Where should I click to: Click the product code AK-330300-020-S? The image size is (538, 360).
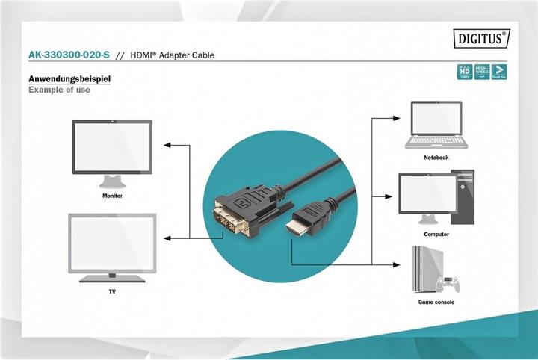point(68,55)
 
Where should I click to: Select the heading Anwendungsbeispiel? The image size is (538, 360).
point(69,79)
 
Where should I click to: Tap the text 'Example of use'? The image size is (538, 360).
point(59,90)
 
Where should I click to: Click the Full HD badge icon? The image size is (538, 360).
point(464,72)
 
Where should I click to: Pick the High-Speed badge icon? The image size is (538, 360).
point(481,72)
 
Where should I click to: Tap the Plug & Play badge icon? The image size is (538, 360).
point(498,72)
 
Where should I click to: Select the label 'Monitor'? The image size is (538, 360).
point(113,196)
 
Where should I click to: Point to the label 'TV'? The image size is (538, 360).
point(112,291)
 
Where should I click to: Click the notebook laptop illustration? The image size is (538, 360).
point(436,125)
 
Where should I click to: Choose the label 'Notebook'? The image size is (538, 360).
point(436,158)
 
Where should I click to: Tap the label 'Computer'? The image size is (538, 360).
point(436,234)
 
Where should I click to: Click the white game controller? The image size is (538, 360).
point(451,285)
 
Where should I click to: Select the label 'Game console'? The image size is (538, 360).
point(436,302)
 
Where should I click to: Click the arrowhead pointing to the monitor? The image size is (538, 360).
point(168,145)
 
